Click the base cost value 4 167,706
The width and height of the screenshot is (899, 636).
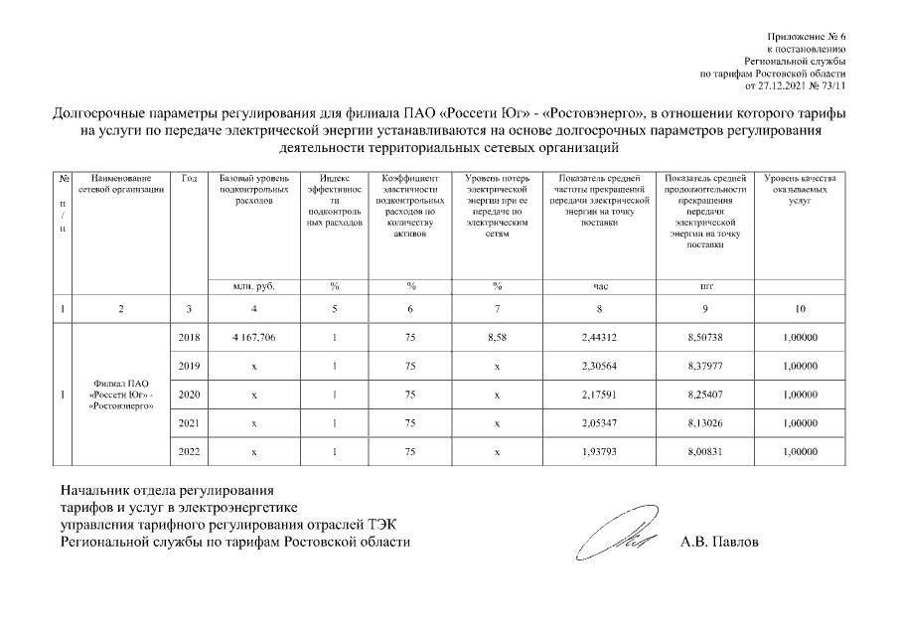(253, 339)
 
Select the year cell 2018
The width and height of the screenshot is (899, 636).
(188, 339)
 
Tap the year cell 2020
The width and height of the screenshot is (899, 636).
(188, 396)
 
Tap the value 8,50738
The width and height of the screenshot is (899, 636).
(706, 339)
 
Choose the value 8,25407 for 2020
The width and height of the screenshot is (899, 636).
(706, 396)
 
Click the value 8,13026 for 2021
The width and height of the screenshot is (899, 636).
(706, 423)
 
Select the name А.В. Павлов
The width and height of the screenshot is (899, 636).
(719, 544)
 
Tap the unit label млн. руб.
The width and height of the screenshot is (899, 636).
(253, 286)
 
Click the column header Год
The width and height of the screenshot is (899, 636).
(189, 178)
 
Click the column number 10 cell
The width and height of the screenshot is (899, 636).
(800, 309)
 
